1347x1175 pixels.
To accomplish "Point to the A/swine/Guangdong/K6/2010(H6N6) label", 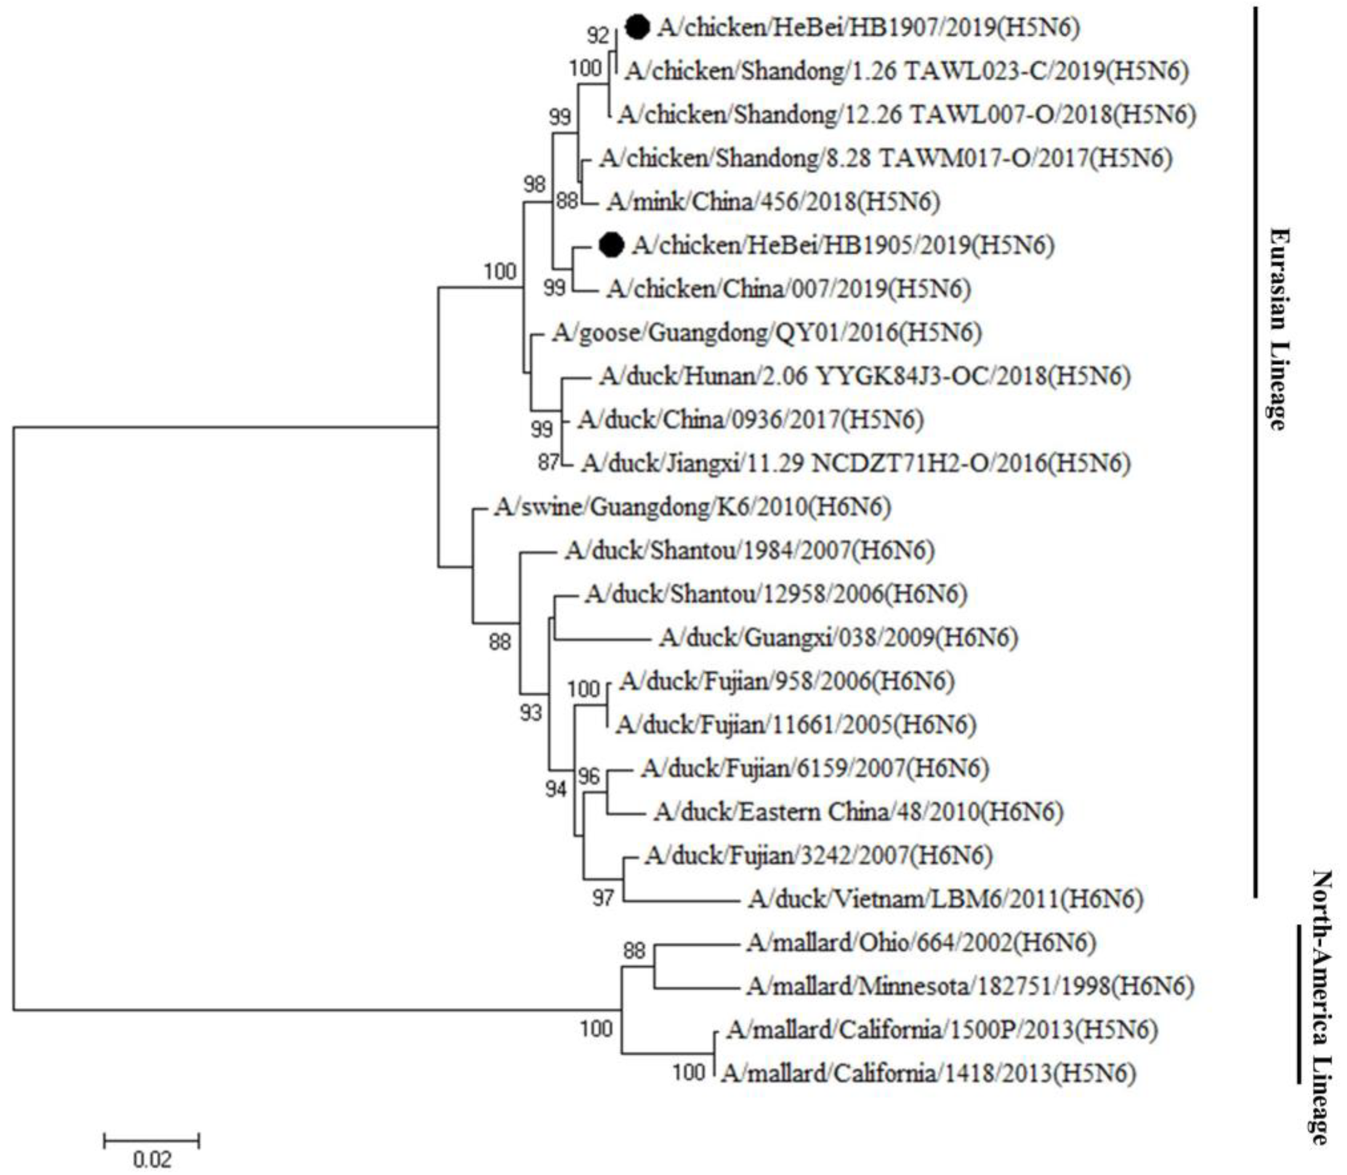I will pyautogui.click(x=692, y=507).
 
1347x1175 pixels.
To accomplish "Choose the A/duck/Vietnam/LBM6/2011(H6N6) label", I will pyautogui.click(x=945, y=898).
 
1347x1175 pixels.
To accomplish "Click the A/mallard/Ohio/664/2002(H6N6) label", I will pyautogui.click(x=921, y=943).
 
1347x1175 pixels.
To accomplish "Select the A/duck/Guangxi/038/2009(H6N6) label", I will pyautogui.click(x=839, y=637).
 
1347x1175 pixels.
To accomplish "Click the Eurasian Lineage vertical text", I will pyautogui.click(x=1278, y=328).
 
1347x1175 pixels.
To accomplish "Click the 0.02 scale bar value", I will pyautogui.click(x=152, y=1159).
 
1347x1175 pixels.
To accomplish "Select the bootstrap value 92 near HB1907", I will pyautogui.click(x=598, y=36).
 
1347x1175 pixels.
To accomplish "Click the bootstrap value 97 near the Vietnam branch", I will pyautogui.click(x=603, y=898).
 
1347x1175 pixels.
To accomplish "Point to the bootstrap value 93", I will pyautogui.click(x=531, y=712).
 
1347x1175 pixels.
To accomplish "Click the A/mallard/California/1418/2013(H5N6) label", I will pyautogui.click(x=928, y=1074).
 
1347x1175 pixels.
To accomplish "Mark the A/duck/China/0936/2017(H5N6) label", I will pyautogui.click(x=750, y=420).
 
